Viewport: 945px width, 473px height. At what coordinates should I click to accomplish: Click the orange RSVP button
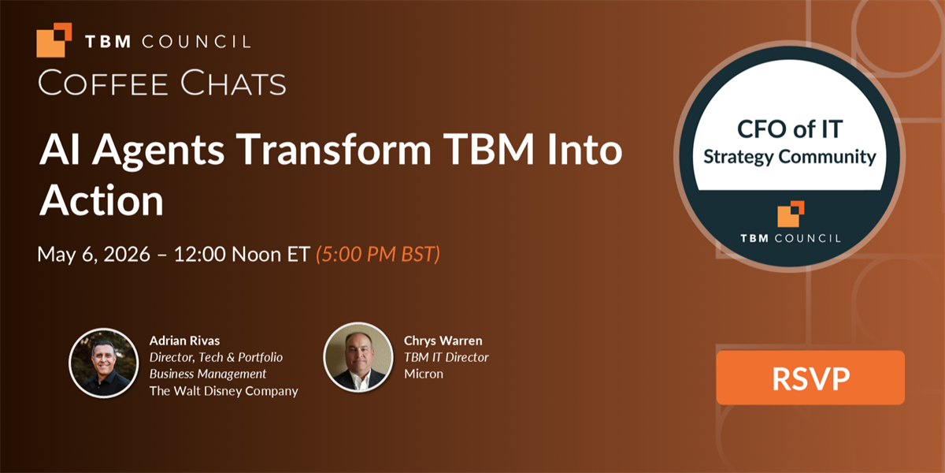(x=810, y=378)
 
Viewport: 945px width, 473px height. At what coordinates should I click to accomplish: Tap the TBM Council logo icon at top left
(x=54, y=39)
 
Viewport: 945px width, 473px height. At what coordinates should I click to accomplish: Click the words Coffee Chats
(x=162, y=82)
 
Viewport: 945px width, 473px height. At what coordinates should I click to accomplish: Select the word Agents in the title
(x=158, y=151)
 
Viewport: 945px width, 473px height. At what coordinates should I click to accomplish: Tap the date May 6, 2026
(x=94, y=254)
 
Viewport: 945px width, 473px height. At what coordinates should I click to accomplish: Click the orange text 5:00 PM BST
(x=378, y=254)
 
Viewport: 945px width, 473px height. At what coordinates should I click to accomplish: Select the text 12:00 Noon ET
(x=243, y=254)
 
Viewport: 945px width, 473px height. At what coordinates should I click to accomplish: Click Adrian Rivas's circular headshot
(x=104, y=363)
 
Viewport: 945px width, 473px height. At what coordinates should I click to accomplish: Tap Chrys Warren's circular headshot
(x=358, y=357)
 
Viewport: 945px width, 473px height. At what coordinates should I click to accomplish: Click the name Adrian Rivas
(x=184, y=341)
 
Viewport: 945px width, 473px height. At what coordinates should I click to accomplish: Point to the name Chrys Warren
(x=443, y=341)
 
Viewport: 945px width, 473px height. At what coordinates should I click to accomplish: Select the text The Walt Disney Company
(x=224, y=391)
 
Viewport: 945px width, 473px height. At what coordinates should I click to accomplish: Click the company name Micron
(x=424, y=374)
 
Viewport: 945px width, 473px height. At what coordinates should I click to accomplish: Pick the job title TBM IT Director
(x=446, y=357)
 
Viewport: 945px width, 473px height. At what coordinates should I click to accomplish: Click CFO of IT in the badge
(x=790, y=128)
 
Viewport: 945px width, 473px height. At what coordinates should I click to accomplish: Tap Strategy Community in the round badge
(x=790, y=157)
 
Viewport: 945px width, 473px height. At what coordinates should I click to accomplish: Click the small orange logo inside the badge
(x=791, y=214)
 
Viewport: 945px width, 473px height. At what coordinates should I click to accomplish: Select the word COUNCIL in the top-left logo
(x=196, y=42)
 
